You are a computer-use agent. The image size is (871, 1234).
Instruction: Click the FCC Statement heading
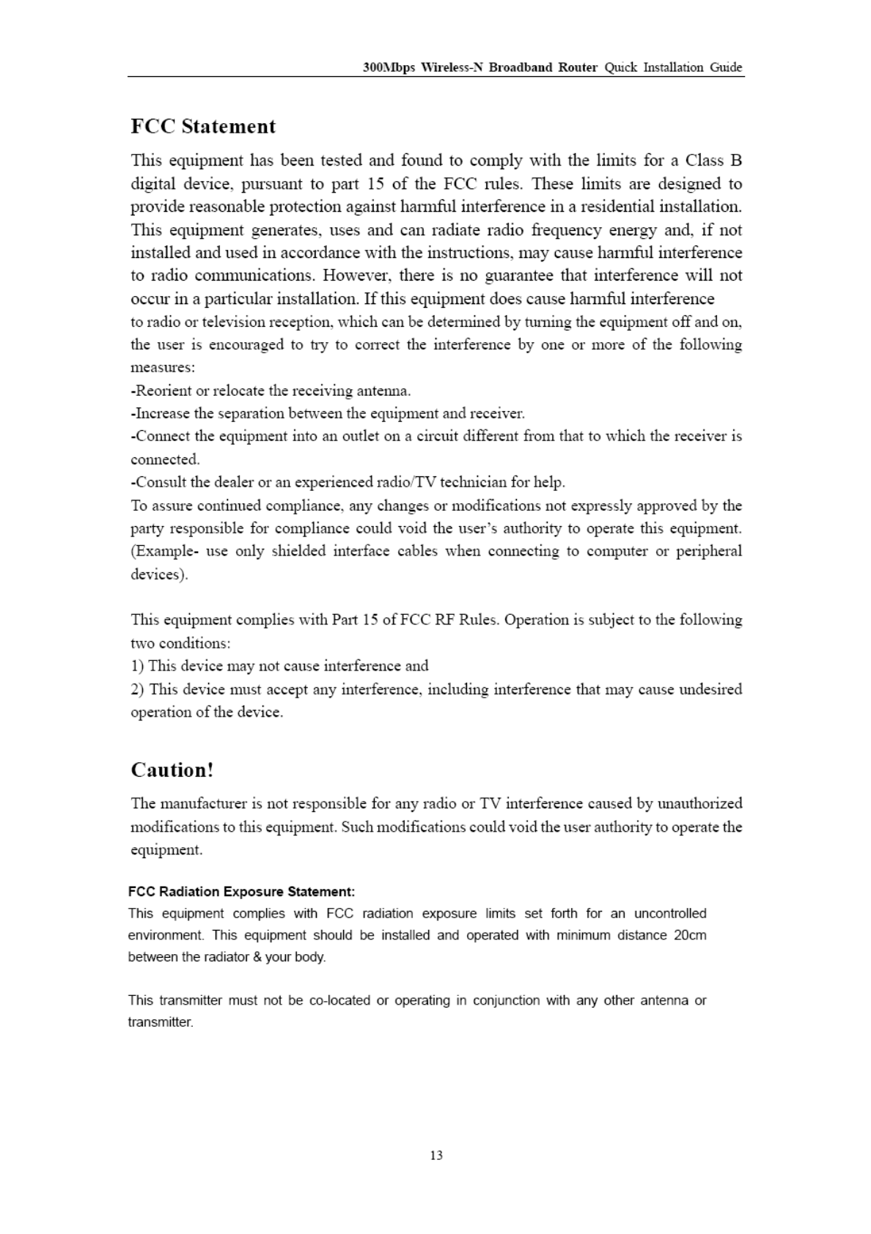point(203,127)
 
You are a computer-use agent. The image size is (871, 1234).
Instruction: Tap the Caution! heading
point(172,770)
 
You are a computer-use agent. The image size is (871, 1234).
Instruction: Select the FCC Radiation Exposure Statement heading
point(241,892)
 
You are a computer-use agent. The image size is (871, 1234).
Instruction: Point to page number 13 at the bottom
point(436,1156)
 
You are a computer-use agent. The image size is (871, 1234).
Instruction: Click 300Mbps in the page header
point(389,68)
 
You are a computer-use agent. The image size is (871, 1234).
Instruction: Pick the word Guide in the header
point(726,68)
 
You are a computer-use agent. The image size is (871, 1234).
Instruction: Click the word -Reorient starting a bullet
point(163,391)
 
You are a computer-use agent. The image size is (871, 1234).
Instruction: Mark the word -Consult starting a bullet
point(159,482)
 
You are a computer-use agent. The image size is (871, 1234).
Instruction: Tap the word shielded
point(298,551)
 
